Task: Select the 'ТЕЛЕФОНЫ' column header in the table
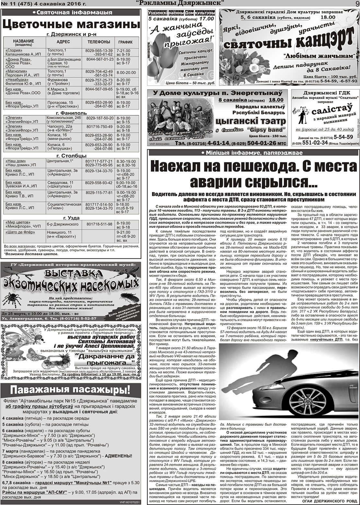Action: [x=99, y=42]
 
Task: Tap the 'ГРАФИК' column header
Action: [x=125, y=42]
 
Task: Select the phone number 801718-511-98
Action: [x=99, y=224]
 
